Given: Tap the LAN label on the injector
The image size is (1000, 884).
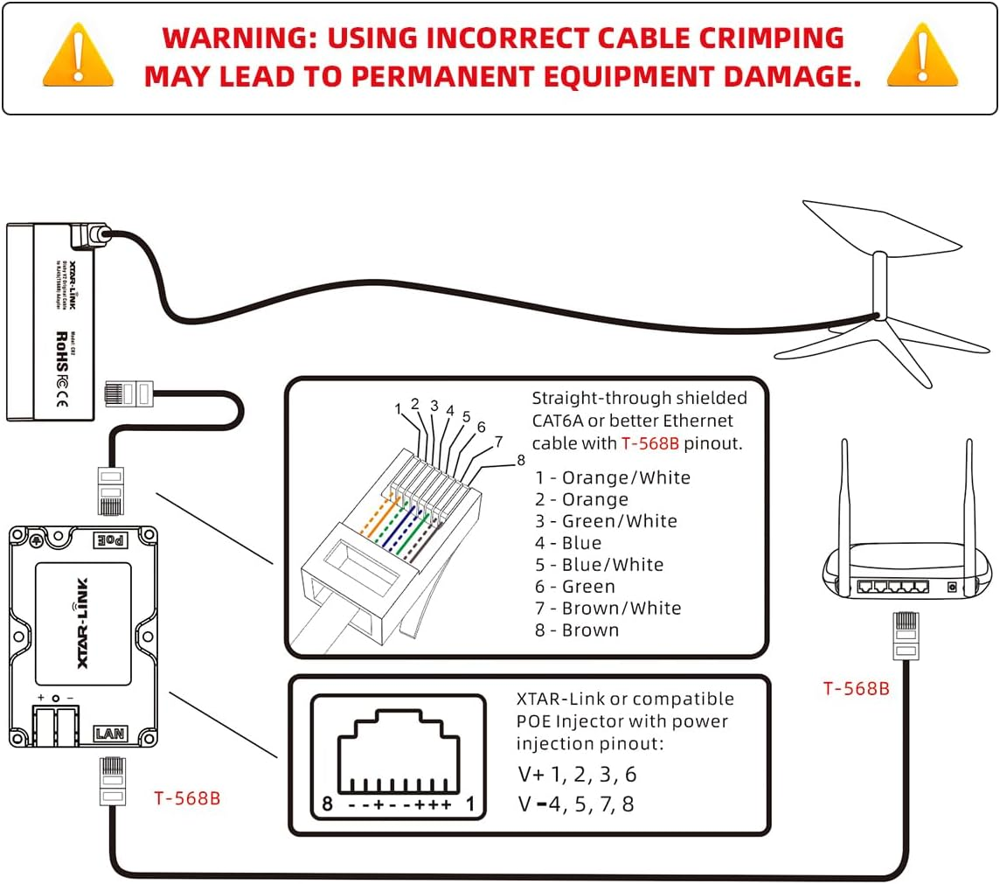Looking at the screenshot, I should (110, 734).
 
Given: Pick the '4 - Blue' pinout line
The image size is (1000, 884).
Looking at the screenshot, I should (568, 543).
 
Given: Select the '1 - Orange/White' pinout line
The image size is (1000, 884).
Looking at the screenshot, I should (612, 477).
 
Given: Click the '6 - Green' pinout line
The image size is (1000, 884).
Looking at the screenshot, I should (575, 587).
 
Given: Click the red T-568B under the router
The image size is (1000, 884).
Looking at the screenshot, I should (856, 688).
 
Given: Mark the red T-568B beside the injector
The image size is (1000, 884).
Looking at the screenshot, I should (187, 797).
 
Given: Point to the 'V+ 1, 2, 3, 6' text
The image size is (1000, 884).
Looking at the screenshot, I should (575, 775).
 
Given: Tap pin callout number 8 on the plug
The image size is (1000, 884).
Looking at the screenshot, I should (520, 459).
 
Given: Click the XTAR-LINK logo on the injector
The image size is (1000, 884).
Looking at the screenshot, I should (84, 623).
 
